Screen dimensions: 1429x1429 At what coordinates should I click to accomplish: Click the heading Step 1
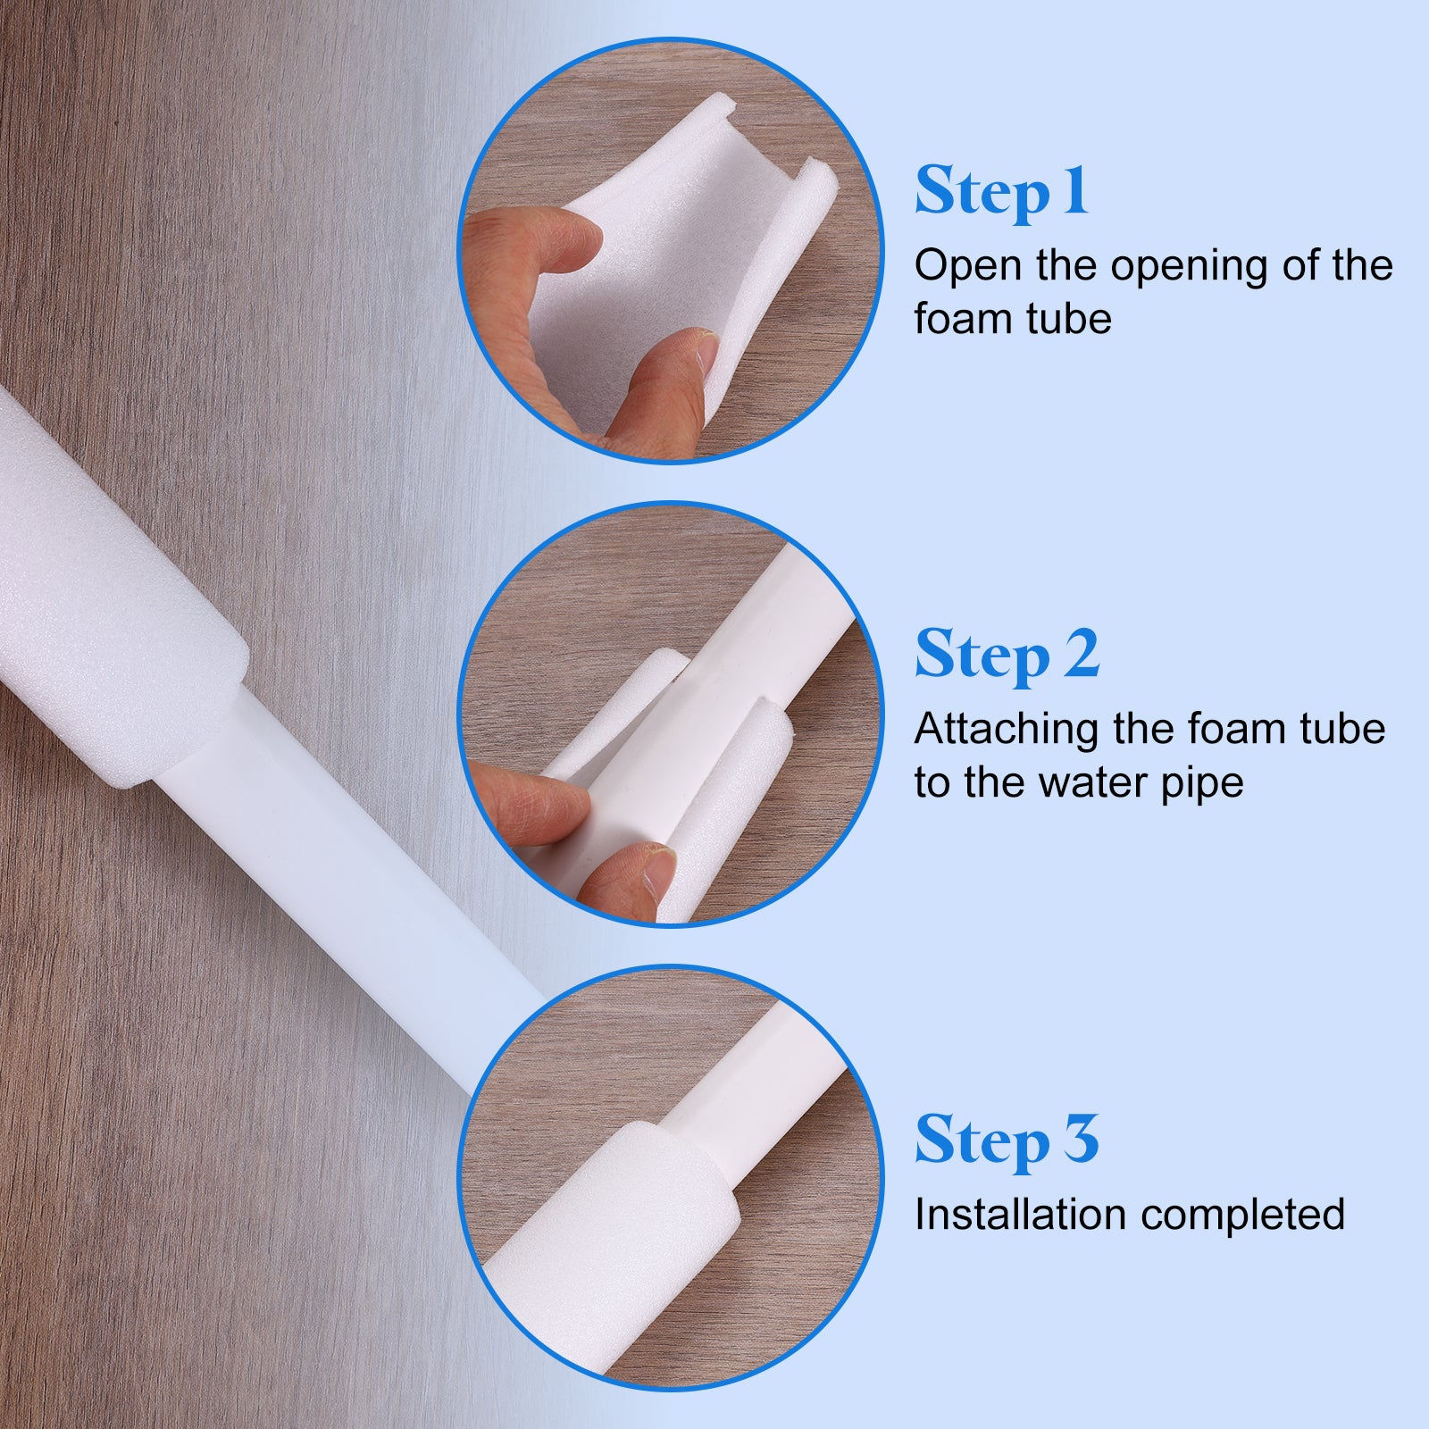point(1001,192)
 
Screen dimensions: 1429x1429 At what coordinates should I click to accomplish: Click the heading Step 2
point(1007,656)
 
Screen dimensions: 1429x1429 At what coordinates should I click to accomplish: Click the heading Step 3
point(1007,1141)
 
